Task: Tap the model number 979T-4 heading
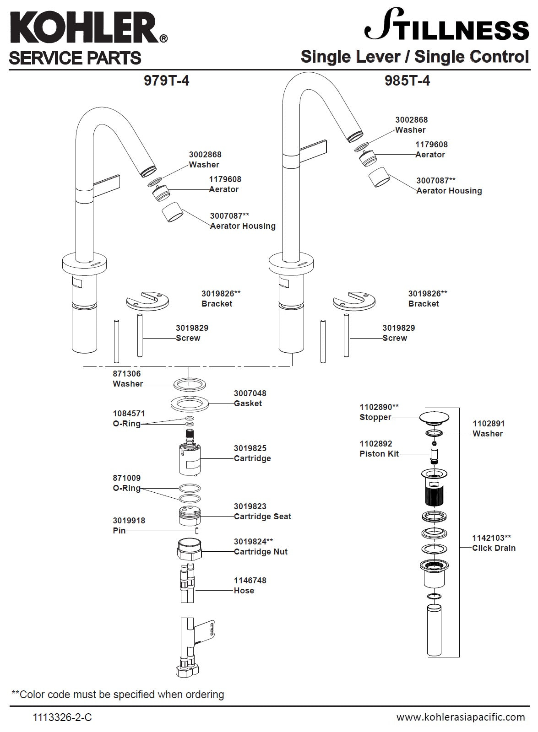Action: coord(166,81)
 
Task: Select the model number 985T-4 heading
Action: coord(407,81)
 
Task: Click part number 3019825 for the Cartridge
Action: coord(250,448)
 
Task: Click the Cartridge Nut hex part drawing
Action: coord(189,549)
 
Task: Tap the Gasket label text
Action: coord(248,404)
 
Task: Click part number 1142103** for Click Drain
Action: coord(491,538)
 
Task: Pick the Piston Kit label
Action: coord(379,454)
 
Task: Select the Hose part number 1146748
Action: coord(250,581)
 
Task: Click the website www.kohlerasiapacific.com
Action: coord(461,716)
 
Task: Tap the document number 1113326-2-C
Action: coord(62,717)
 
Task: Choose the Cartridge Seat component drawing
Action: coord(189,516)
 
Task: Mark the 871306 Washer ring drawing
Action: coord(189,384)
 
